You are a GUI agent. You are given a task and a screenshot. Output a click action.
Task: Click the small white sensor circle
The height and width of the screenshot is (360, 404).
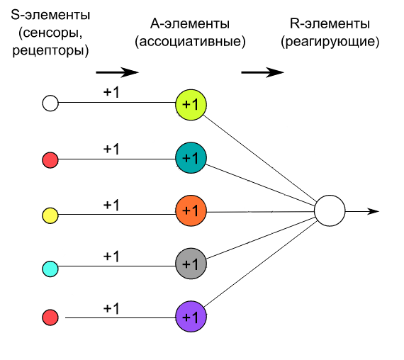(50, 103)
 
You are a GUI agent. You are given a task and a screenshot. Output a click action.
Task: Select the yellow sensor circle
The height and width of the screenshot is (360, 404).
(50, 214)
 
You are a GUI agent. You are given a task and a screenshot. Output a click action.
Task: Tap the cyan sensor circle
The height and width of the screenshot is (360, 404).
(50, 269)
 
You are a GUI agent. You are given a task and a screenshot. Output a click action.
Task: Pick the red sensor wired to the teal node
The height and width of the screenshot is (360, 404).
(50, 160)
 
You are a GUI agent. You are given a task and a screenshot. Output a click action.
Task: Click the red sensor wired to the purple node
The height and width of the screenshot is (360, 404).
(50, 317)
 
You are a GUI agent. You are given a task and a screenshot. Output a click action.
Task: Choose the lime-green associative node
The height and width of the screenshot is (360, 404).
(191, 105)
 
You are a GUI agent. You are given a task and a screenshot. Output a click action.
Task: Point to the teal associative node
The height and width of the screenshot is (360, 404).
(191, 158)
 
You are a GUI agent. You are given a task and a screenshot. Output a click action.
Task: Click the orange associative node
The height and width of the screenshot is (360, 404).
(191, 211)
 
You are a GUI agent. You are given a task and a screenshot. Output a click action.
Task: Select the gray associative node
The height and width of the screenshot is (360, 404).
(191, 264)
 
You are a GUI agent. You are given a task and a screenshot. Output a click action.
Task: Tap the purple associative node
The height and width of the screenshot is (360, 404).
(191, 316)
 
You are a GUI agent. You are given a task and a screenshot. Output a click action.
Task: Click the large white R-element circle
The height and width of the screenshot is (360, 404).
(330, 211)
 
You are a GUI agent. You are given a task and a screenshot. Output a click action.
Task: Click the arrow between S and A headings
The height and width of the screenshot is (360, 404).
(117, 72)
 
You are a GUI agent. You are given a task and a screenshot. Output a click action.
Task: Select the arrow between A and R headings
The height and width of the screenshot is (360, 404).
(262, 72)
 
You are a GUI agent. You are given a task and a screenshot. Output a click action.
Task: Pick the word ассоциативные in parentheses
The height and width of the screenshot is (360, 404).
(190, 41)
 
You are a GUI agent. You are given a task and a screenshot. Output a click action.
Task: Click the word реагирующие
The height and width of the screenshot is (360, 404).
(330, 41)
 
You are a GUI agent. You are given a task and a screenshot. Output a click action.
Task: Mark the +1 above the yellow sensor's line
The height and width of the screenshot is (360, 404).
(111, 205)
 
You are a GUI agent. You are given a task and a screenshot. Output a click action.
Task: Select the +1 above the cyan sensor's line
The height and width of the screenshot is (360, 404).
(111, 257)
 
